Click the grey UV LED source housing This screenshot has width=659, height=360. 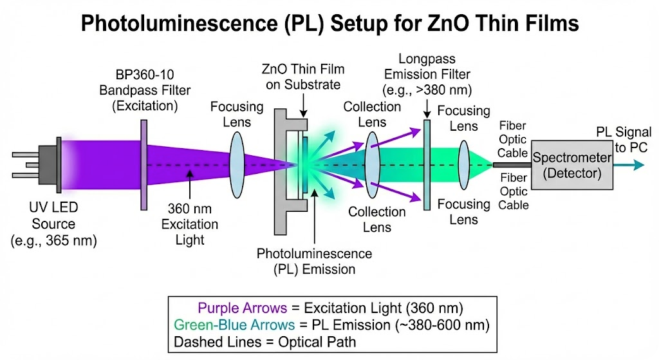[x=41, y=164]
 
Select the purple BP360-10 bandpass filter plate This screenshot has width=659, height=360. [x=144, y=164]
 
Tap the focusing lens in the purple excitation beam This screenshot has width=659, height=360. [x=236, y=164]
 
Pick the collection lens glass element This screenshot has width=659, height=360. [x=372, y=164]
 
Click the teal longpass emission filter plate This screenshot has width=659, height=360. [x=426, y=164]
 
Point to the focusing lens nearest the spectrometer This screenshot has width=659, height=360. [x=463, y=164]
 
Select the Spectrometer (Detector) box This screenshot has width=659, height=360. [x=570, y=164]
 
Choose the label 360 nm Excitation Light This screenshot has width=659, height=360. [x=192, y=225]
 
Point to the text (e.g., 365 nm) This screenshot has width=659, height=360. [x=54, y=240]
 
